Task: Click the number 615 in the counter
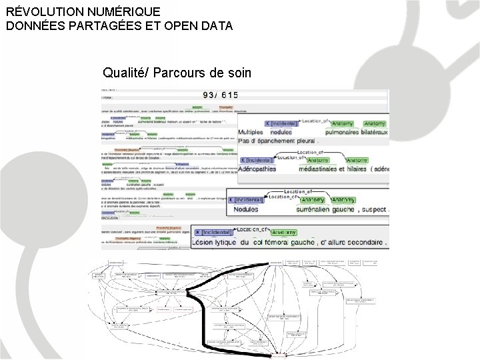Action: pyautogui.click(x=230, y=95)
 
